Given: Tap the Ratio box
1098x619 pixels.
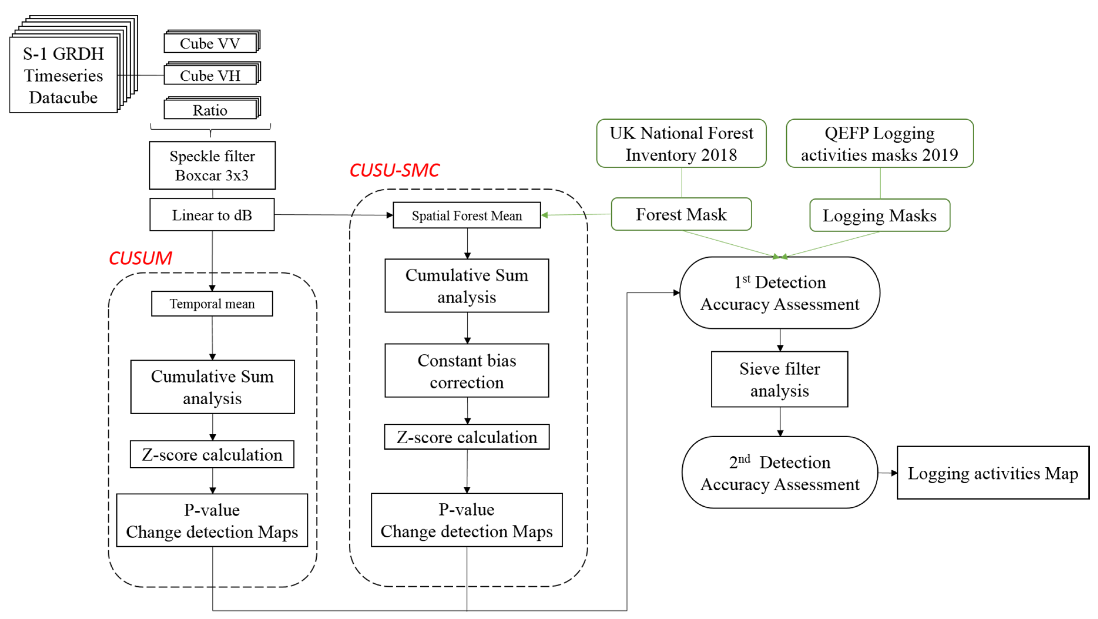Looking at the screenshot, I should [x=210, y=110].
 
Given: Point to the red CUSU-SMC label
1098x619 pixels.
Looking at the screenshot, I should [x=394, y=170].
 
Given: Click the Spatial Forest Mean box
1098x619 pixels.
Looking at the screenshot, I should [x=467, y=216].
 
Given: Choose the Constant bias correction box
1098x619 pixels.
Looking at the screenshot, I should [x=467, y=371].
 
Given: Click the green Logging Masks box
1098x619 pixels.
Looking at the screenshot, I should [x=879, y=216].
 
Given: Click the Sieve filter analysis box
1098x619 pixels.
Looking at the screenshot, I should [x=780, y=379].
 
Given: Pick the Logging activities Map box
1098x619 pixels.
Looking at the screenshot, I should [x=993, y=473].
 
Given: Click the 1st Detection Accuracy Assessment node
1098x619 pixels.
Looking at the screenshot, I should [x=780, y=293].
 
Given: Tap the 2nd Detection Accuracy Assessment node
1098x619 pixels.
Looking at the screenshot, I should [x=780, y=472].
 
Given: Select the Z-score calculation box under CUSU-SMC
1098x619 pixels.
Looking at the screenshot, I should [x=467, y=437].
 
